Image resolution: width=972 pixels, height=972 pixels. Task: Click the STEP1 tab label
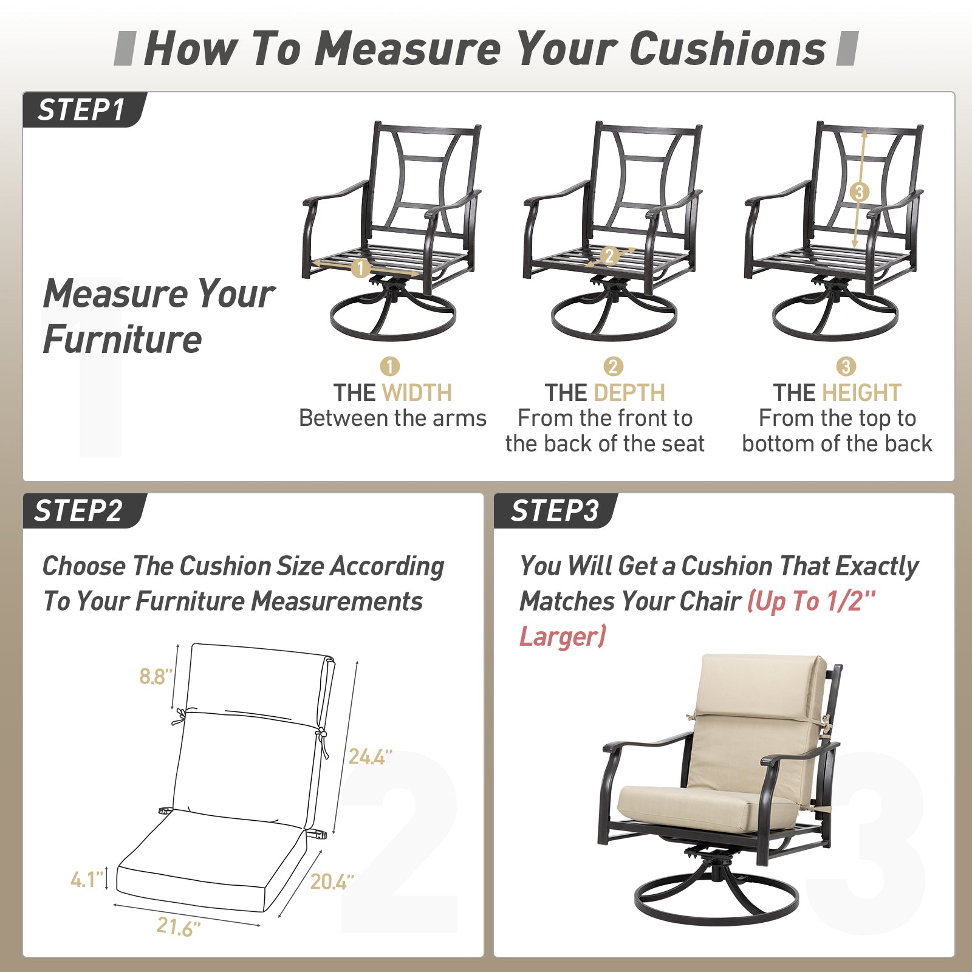point(81,111)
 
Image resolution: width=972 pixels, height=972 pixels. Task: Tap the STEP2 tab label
point(78,511)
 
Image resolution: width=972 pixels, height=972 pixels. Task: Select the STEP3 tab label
point(555,511)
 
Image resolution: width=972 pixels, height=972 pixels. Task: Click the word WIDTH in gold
point(417,393)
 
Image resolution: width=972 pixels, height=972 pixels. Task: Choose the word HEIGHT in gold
point(861,393)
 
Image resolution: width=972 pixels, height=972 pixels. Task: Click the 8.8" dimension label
point(156,676)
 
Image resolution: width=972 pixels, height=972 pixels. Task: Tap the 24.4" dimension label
point(370,757)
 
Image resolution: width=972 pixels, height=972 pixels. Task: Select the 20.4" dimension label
point(332,881)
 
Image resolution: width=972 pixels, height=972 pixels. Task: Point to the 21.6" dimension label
point(178,927)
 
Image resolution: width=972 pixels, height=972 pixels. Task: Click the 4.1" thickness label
point(86,880)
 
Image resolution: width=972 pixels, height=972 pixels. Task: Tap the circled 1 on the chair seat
point(360,268)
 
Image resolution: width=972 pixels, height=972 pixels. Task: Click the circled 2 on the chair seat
point(609,256)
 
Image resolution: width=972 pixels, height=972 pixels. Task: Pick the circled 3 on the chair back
point(858,192)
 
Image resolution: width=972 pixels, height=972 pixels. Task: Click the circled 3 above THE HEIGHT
point(846,366)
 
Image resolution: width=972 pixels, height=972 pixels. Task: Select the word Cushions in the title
point(728,49)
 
